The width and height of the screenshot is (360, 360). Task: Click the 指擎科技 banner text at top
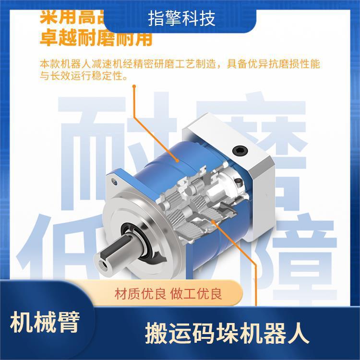point(181,18)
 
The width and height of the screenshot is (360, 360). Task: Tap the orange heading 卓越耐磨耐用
point(96,38)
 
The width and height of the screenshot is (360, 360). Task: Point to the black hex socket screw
point(239,151)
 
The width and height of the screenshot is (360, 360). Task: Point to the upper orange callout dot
point(134,87)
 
